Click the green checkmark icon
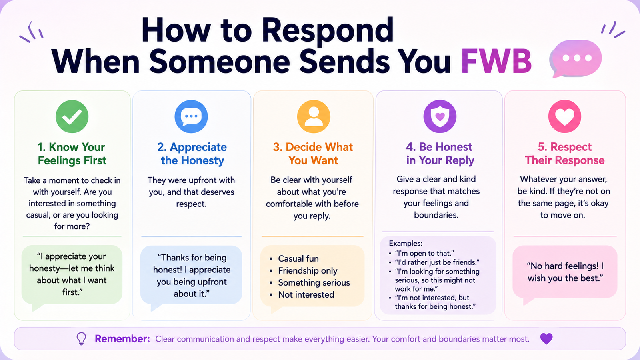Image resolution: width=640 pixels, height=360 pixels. (x=72, y=116)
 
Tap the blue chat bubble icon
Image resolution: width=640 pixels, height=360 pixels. (x=191, y=116)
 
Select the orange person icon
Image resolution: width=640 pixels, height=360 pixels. (x=314, y=116)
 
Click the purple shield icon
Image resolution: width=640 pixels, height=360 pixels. (x=440, y=116)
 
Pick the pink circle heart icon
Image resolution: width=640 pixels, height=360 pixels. (x=564, y=116)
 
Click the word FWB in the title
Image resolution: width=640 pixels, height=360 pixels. (x=496, y=62)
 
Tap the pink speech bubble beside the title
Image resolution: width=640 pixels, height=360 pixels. (x=576, y=58)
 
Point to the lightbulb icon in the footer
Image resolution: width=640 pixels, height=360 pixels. (x=82, y=339)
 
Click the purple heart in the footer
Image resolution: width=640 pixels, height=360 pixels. (x=546, y=339)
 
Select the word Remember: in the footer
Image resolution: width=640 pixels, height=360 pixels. (x=122, y=339)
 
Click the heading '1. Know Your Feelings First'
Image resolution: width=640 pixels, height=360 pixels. (x=72, y=154)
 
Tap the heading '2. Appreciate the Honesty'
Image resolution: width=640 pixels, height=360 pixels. (x=192, y=154)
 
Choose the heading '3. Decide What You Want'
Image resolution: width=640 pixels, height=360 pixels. (x=313, y=154)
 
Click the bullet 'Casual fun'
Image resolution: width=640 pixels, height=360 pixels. (x=298, y=258)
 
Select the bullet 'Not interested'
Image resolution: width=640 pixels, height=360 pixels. (x=306, y=294)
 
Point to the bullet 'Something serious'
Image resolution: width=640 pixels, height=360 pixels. (x=314, y=282)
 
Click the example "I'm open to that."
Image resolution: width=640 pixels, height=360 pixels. (x=424, y=254)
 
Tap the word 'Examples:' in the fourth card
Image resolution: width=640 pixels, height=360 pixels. (x=406, y=244)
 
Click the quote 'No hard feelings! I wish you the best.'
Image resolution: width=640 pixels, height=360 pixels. (x=565, y=272)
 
